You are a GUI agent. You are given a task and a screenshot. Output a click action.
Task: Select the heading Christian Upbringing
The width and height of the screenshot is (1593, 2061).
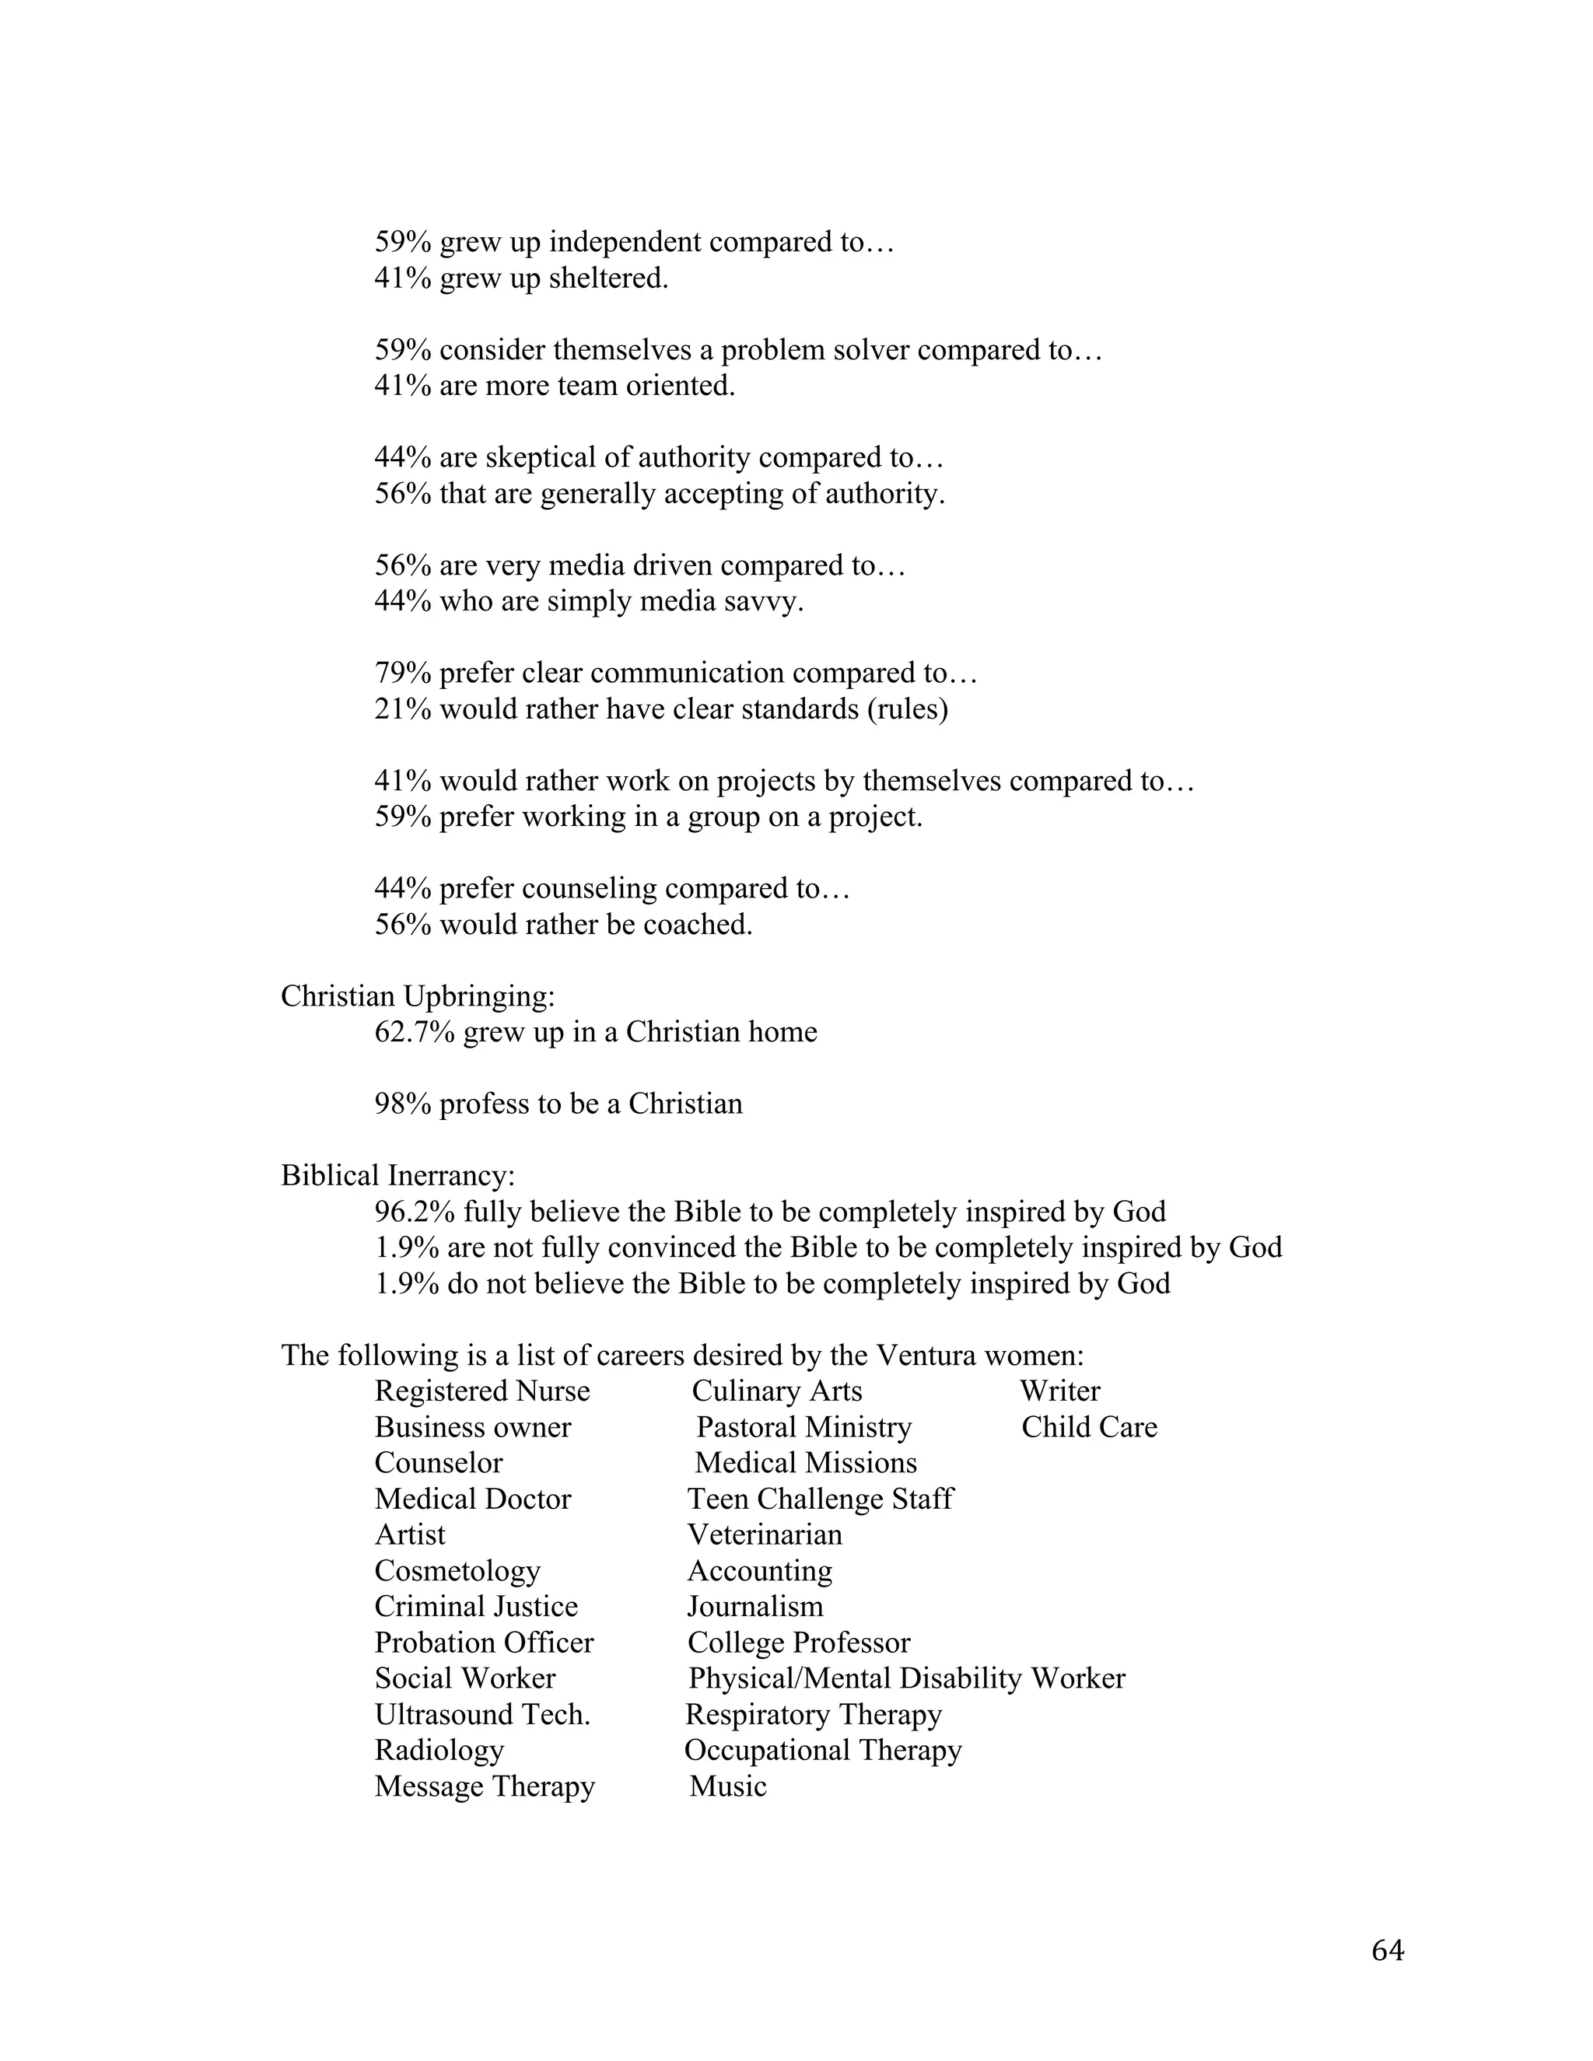point(417,996)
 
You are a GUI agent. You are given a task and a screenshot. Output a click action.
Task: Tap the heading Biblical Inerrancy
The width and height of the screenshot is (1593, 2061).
point(397,1176)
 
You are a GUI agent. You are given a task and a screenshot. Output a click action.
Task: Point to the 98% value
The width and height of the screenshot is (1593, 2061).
point(403,1104)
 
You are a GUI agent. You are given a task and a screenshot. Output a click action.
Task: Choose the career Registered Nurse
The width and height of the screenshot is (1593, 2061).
point(481,1391)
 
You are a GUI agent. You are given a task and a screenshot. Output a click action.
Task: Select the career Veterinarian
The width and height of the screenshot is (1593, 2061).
point(765,1534)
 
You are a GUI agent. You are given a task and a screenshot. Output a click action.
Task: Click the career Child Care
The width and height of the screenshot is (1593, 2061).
point(1089,1427)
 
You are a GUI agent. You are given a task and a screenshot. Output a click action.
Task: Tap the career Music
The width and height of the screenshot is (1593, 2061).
point(727,1786)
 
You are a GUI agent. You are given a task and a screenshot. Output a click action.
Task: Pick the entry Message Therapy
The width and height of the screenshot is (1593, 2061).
point(484,1786)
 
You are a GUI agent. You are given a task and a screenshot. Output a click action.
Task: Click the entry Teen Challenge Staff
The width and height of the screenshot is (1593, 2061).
point(820,1499)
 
